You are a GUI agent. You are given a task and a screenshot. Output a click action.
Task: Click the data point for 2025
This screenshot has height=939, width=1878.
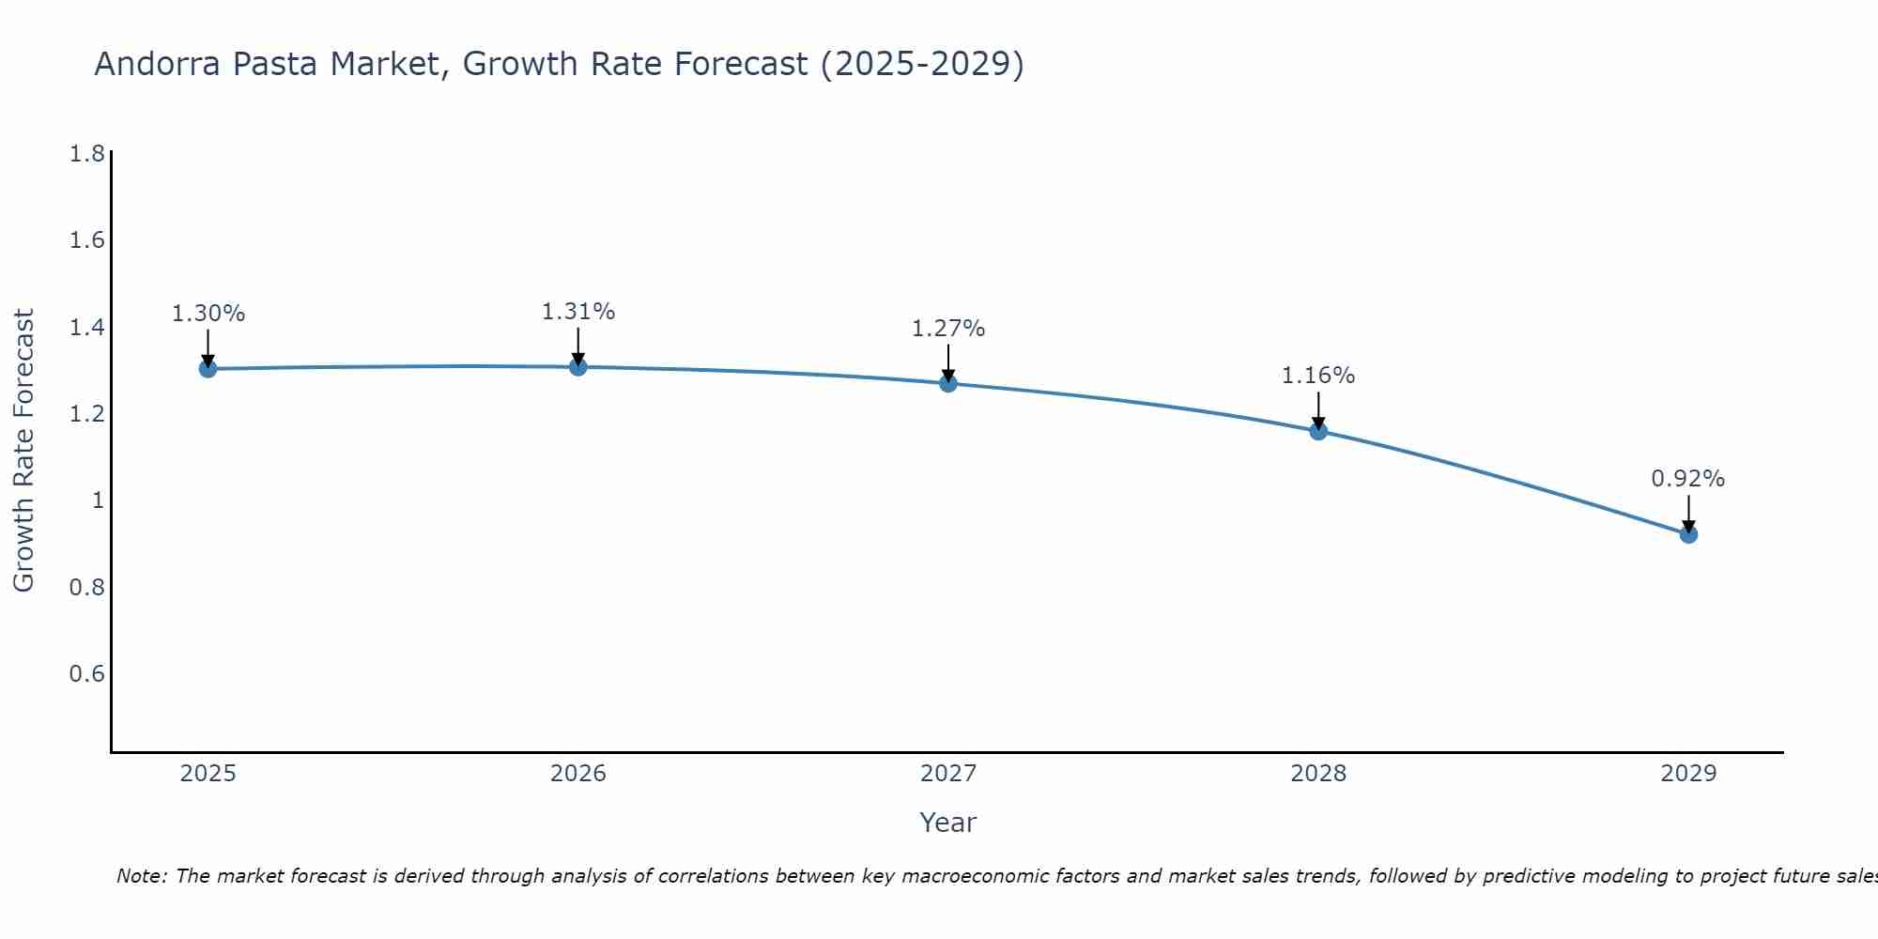pos(208,369)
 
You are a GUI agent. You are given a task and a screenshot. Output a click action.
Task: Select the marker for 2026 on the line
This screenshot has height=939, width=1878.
pos(578,366)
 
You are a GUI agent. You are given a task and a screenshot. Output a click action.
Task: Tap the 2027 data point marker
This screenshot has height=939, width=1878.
pos(948,383)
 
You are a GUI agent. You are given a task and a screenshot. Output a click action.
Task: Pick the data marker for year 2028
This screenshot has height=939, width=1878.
pos(1318,431)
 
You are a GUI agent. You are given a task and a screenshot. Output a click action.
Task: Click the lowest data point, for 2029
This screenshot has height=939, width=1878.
pos(1688,534)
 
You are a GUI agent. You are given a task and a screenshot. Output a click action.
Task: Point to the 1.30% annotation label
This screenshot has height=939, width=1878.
pos(208,314)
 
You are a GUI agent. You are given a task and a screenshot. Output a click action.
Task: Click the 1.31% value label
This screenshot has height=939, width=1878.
pos(578,312)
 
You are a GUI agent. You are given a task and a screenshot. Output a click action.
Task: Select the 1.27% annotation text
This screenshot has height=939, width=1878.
pos(948,329)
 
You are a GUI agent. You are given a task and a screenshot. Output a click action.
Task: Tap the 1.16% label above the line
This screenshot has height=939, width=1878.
pos(1318,376)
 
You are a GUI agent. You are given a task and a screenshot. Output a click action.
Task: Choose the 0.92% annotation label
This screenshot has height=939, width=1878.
pos(1688,479)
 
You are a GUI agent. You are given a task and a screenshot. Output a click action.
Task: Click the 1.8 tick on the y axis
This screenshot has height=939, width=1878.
pos(87,154)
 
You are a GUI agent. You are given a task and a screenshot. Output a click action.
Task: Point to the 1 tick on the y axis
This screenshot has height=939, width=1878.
pos(98,500)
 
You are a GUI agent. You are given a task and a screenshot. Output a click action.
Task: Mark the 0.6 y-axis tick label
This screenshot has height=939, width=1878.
pos(87,674)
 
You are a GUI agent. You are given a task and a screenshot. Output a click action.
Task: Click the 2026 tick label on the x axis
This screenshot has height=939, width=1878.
pos(578,774)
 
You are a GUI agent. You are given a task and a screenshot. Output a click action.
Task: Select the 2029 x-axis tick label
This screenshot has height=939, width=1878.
pos(1688,774)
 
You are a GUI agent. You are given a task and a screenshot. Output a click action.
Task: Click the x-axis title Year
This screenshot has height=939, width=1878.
pos(948,823)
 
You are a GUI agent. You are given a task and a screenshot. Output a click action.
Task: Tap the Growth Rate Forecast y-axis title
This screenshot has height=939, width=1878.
pos(23,451)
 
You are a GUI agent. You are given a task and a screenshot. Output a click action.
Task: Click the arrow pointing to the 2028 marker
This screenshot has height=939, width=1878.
pos(1318,410)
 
